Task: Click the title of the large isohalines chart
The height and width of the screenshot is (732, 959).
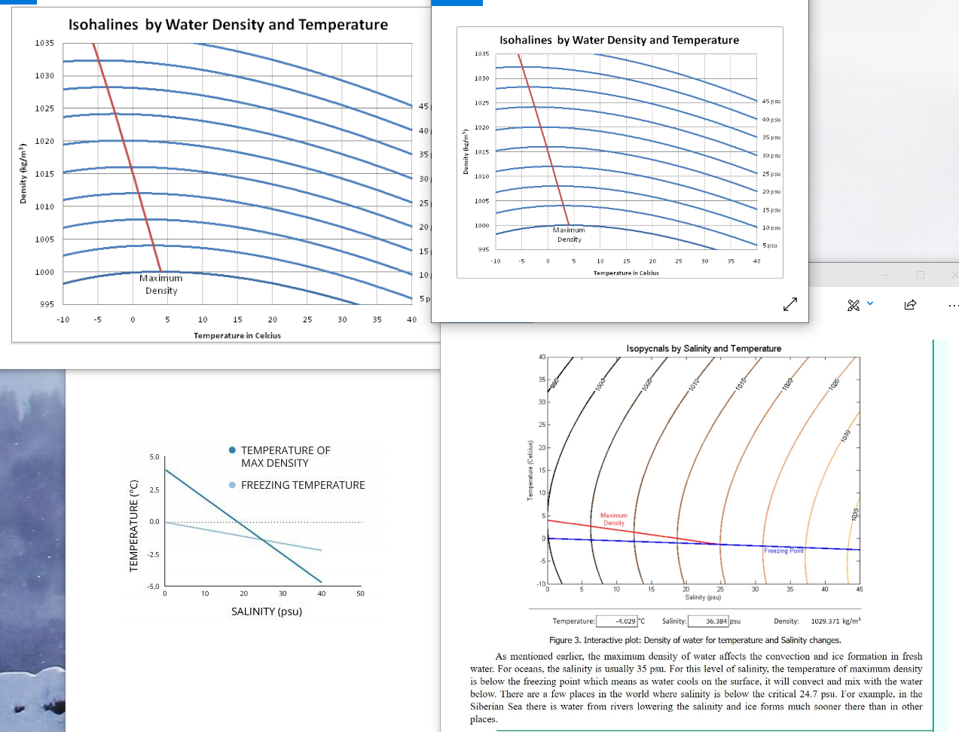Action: click(x=228, y=25)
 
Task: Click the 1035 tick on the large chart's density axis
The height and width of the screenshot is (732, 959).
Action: click(x=44, y=43)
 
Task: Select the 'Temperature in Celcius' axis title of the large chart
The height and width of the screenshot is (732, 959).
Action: click(x=237, y=336)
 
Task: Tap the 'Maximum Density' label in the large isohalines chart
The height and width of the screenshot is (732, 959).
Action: click(x=161, y=284)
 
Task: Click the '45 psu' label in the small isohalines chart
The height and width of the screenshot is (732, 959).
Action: click(x=771, y=102)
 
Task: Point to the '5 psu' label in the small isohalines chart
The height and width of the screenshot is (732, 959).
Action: click(x=769, y=246)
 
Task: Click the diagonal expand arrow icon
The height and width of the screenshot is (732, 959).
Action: click(x=789, y=304)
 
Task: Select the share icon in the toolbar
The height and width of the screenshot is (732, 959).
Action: click(x=910, y=305)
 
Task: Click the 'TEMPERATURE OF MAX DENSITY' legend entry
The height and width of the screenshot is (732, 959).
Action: click(x=285, y=456)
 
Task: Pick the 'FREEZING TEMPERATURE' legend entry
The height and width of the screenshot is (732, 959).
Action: click(x=302, y=485)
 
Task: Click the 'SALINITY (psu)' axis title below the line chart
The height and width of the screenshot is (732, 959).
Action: click(x=267, y=612)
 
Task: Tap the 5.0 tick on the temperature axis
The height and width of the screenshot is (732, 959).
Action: click(x=154, y=457)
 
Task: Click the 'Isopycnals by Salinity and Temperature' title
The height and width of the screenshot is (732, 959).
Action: click(x=704, y=349)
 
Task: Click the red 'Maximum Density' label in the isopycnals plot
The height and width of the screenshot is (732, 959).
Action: click(x=613, y=519)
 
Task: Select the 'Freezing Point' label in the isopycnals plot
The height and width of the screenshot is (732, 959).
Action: click(x=783, y=551)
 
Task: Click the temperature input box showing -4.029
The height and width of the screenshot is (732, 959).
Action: click(x=617, y=621)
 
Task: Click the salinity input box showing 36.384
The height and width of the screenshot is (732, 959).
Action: click(x=707, y=621)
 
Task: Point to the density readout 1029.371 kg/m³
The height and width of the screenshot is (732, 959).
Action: click(x=835, y=621)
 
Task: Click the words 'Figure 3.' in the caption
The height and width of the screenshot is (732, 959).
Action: click(x=565, y=640)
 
